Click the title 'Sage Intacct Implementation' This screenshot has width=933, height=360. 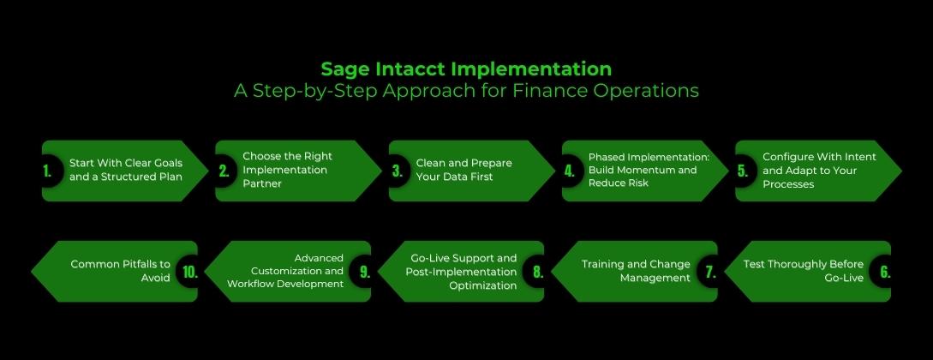coord(466,69)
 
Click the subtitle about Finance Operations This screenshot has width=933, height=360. coord(466,91)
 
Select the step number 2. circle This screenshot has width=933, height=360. coord(224,171)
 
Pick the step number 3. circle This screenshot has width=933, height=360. coord(398,171)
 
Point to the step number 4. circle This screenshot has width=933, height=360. coord(569,171)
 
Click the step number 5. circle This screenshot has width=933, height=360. coord(743,171)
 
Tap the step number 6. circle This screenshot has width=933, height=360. coord(885,273)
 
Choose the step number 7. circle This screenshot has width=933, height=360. coord(710,273)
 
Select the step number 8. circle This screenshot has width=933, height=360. coord(537,273)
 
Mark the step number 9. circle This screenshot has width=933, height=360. coord(364,273)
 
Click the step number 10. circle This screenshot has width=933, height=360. coord(190,273)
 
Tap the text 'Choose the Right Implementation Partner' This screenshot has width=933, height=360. coord(287,170)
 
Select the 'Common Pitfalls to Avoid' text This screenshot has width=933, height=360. coord(120,271)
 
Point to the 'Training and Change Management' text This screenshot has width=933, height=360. coord(636,271)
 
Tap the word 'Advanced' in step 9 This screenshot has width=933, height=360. coord(319,258)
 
